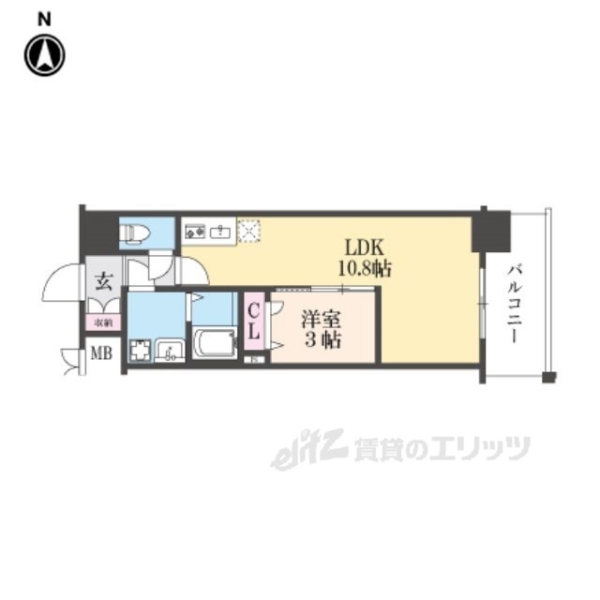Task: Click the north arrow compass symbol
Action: coord(44,55)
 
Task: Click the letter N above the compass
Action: coord(44,17)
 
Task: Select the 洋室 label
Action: coord(320,318)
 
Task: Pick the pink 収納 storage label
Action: coord(101,322)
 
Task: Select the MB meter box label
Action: coord(100,354)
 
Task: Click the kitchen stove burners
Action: coord(196,230)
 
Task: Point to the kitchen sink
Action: coord(222,230)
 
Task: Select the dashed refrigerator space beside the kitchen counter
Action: coord(249,230)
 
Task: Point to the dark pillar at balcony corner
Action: coord(491,231)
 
